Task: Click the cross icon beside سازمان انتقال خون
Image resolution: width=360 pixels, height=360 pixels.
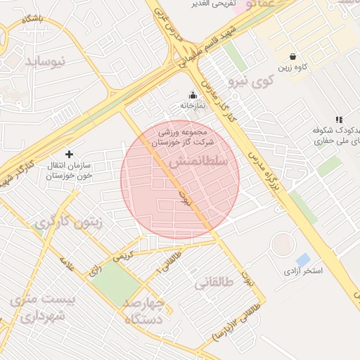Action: (x=69, y=153)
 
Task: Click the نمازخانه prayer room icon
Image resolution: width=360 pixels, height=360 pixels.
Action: (x=193, y=95)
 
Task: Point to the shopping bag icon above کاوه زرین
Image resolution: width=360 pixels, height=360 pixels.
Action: (x=292, y=56)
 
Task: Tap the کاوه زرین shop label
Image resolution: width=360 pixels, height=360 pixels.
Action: (x=294, y=68)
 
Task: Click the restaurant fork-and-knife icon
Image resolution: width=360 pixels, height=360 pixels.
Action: (x=339, y=120)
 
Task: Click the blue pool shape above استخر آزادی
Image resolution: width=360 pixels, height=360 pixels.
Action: (x=303, y=259)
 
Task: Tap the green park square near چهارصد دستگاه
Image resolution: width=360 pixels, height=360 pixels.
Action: (x=115, y=283)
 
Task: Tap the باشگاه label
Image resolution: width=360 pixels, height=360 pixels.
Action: (x=32, y=18)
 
